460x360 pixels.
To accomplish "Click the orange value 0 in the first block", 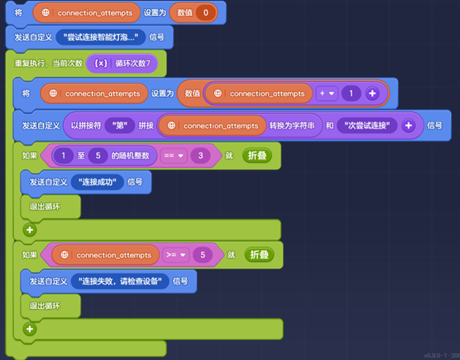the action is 206,13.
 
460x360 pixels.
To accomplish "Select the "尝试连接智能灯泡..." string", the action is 101,37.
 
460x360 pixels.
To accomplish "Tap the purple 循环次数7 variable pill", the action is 122,63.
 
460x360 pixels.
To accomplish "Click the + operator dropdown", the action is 327,94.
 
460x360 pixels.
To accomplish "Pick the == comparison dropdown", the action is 174,155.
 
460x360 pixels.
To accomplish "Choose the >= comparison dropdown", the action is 176,255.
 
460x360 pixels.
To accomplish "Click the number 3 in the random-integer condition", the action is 200,155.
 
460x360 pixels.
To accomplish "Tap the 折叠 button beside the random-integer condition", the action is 257,155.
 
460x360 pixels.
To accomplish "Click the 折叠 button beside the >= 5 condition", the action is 260,254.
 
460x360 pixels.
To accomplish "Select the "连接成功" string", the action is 97,182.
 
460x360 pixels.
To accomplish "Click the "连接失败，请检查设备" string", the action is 120,282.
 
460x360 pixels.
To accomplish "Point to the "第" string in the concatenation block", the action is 120,126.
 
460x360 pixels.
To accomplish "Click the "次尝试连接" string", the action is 367,126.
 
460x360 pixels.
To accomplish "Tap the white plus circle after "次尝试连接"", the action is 408,126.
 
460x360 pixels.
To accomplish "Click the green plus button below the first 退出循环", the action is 30,230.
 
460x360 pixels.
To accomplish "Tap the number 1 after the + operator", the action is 351,94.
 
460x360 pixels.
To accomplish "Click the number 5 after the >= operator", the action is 203,255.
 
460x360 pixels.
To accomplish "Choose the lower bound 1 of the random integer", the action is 63,155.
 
